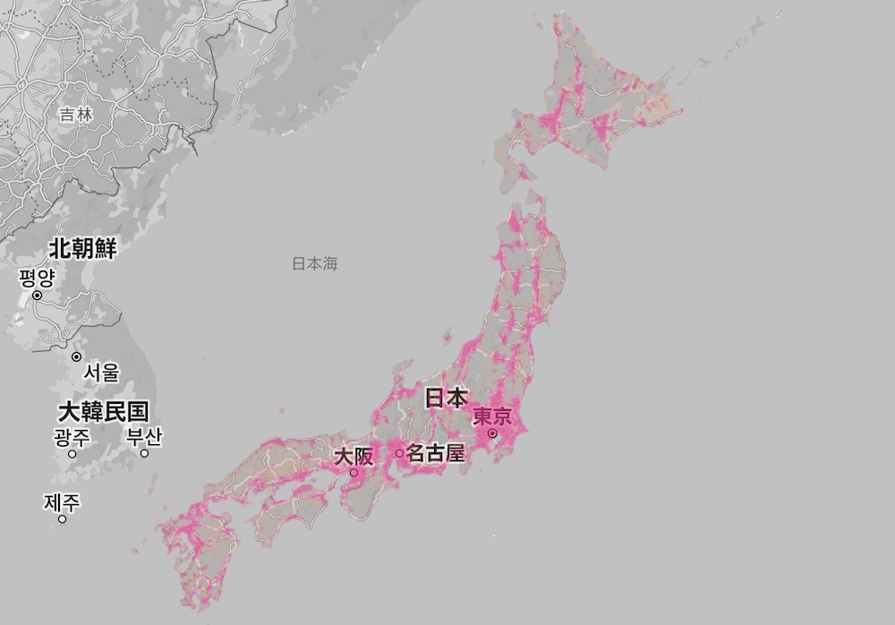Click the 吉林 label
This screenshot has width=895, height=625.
tap(76, 114)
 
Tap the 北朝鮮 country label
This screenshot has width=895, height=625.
tap(82, 249)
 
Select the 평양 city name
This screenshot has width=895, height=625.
tap(37, 278)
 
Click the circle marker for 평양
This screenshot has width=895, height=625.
tap(38, 295)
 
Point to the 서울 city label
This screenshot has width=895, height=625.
tap(100, 372)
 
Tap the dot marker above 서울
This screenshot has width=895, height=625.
tap(77, 356)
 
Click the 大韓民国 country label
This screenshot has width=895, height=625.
tap(103, 412)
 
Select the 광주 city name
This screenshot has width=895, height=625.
tap(72, 437)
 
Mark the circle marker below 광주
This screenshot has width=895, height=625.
tap(72, 453)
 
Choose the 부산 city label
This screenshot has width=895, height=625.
tap(143, 437)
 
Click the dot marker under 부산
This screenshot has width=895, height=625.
tap(144, 453)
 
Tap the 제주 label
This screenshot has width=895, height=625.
tap(62, 502)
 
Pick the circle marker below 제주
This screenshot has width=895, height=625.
tap(63, 518)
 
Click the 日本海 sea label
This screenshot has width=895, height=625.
tap(315, 263)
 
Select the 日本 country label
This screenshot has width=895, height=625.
tap(445, 398)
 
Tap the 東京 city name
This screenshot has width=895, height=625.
tap(491, 417)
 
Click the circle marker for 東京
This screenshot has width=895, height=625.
tap(491, 434)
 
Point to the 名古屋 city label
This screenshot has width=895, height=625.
tap(436, 453)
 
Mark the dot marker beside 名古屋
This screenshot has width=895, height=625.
tap(400, 453)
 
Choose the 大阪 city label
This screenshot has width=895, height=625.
tap(354, 456)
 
